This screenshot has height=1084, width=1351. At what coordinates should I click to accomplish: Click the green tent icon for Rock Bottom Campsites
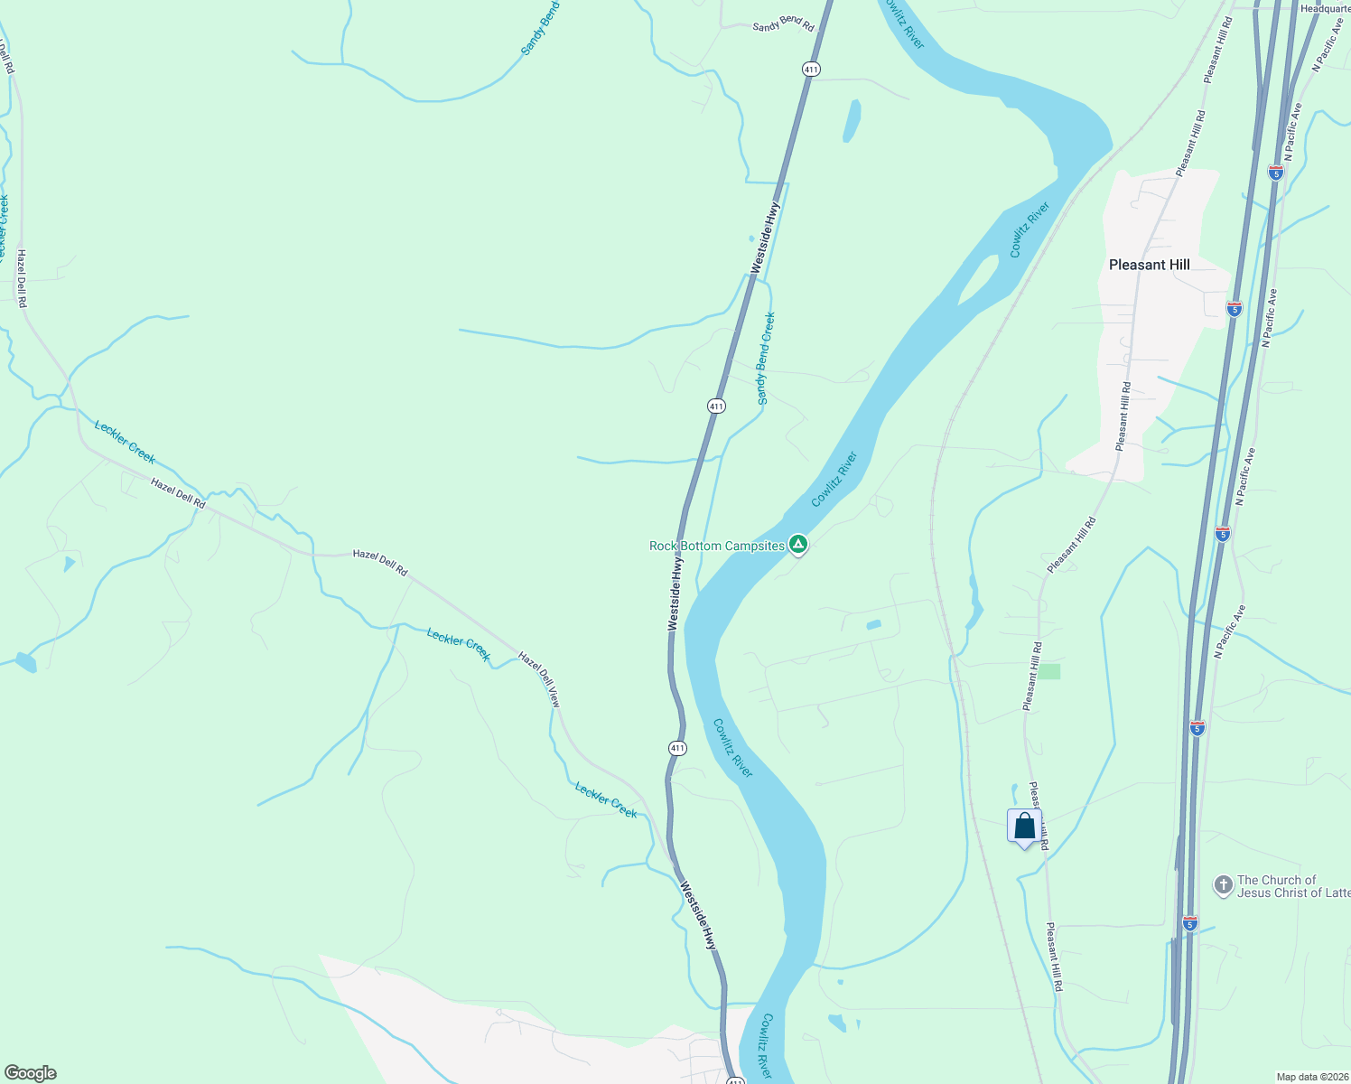pyautogui.click(x=797, y=544)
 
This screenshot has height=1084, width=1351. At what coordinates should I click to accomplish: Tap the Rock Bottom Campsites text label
pyautogui.click(x=717, y=546)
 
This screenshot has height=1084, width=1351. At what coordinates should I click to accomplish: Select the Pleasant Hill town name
pyautogui.click(x=1149, y=265)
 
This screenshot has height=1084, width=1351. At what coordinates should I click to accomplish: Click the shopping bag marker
pyautogui.click(x=1024, y=826)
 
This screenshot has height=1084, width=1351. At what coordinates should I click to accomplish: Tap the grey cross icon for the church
pyautogui.click(x=1223, y=885)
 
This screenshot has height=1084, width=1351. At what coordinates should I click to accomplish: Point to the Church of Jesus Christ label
pyautogui.click(x=1292, y=886)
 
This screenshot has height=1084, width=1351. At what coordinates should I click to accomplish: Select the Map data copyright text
pyautogui.click(x=1311, y=1077)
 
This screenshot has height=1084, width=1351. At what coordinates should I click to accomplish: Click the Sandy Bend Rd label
pyautogui.click(x=783, y=26)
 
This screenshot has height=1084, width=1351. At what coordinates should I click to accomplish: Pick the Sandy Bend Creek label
pyautogui.click(x=765, y=359)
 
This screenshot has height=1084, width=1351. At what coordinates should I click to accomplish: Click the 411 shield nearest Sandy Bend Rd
pyautogui.click(x=811, y=69)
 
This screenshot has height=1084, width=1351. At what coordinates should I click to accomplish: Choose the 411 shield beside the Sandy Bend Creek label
pyautogui.click(x=716, y=406)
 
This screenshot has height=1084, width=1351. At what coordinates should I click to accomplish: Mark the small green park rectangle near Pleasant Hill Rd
pyautogui.click(x=1048, y=671)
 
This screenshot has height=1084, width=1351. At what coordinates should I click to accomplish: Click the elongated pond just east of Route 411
pyautogui.click(x=851, y=121)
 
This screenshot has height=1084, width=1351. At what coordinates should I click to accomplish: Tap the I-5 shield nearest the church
pyautogui.click(x=1189, y=923)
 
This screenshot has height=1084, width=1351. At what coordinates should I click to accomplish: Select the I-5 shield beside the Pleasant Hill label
pyautogui.click(x=1234, y=308)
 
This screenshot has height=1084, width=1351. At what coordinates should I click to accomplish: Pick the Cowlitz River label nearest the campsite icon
pyautogui.click(x=834, y=480)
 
